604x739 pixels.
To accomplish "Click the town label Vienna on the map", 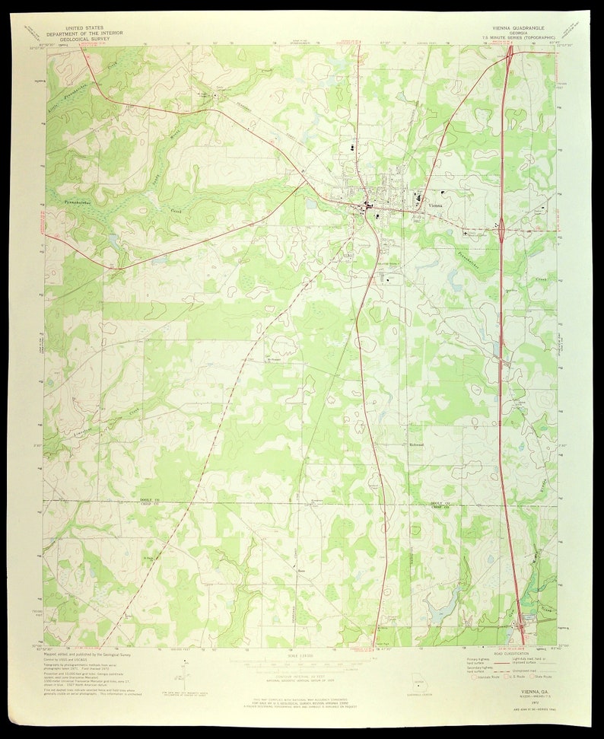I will [x=436, y=205].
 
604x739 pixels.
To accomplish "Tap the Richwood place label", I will [x=417, y=444].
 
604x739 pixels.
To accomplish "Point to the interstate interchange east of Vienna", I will [x=502, y=225].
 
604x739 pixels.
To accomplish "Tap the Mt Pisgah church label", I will [x=274, y=360].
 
